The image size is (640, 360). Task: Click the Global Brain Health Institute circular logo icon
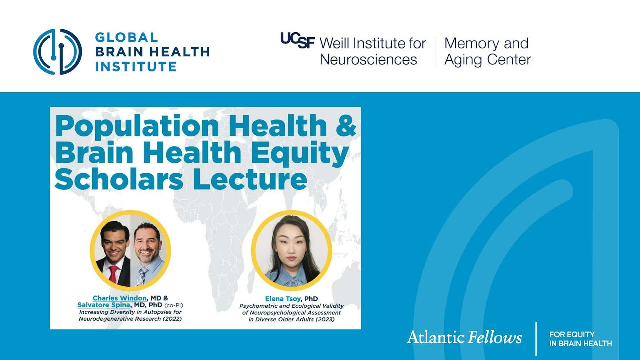tap(57, 52)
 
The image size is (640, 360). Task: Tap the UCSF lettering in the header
tap(298, 40)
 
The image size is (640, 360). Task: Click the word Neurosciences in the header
tap(368, 60)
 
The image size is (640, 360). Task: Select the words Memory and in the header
tap(486, 44)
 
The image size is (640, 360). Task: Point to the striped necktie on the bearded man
tap(143, 276)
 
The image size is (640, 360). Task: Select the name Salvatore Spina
tap(103, 305)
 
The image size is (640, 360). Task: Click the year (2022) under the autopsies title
tap(172, 319)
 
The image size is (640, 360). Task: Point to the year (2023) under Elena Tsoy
tap(323, 319)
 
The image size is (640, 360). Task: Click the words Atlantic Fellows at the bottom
tap(464, 337)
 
